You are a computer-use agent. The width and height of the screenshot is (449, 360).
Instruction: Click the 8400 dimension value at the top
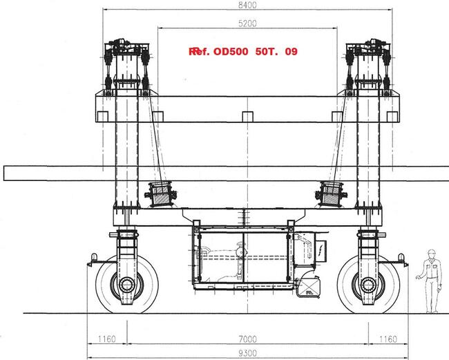pyautogui.click(x=248, y=5)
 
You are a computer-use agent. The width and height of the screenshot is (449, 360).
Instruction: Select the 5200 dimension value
pyautogui.click(x=248, y=23)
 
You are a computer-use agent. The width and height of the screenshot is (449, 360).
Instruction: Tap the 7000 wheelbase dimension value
pyautogui.click(x=248, y=339)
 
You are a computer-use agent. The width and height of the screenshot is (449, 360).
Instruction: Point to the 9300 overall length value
pyautogui.click(x=248, y=353)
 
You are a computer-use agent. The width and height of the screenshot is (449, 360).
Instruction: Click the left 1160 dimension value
pyautogui.click(x=107, y=339)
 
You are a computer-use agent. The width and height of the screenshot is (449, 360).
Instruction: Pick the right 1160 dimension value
pyautogui.click(x=388, y=339)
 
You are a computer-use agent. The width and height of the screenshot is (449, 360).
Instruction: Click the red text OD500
pyautogui.click(x=231, y=52)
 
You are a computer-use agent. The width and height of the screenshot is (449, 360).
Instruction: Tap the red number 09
pyautogui.click(x=292, y=52)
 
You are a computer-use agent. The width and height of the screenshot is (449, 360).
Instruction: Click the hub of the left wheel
pyautogui.click(x=126, y=285)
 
